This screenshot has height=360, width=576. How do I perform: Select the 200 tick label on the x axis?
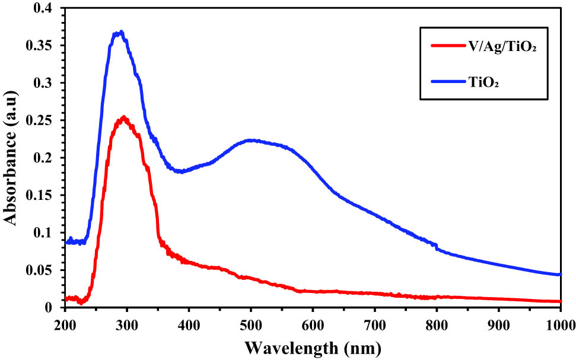click(65, 324)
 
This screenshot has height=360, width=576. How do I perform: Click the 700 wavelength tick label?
click(374, 324)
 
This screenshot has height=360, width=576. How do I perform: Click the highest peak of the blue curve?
click(120, 32)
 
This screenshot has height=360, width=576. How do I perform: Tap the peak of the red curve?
click(123, 117)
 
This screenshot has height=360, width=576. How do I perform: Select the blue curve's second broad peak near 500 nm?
click(252, 141)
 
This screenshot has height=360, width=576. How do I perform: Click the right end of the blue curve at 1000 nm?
click(560, 275)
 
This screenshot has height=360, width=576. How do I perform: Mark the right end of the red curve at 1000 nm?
click(560, 301)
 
